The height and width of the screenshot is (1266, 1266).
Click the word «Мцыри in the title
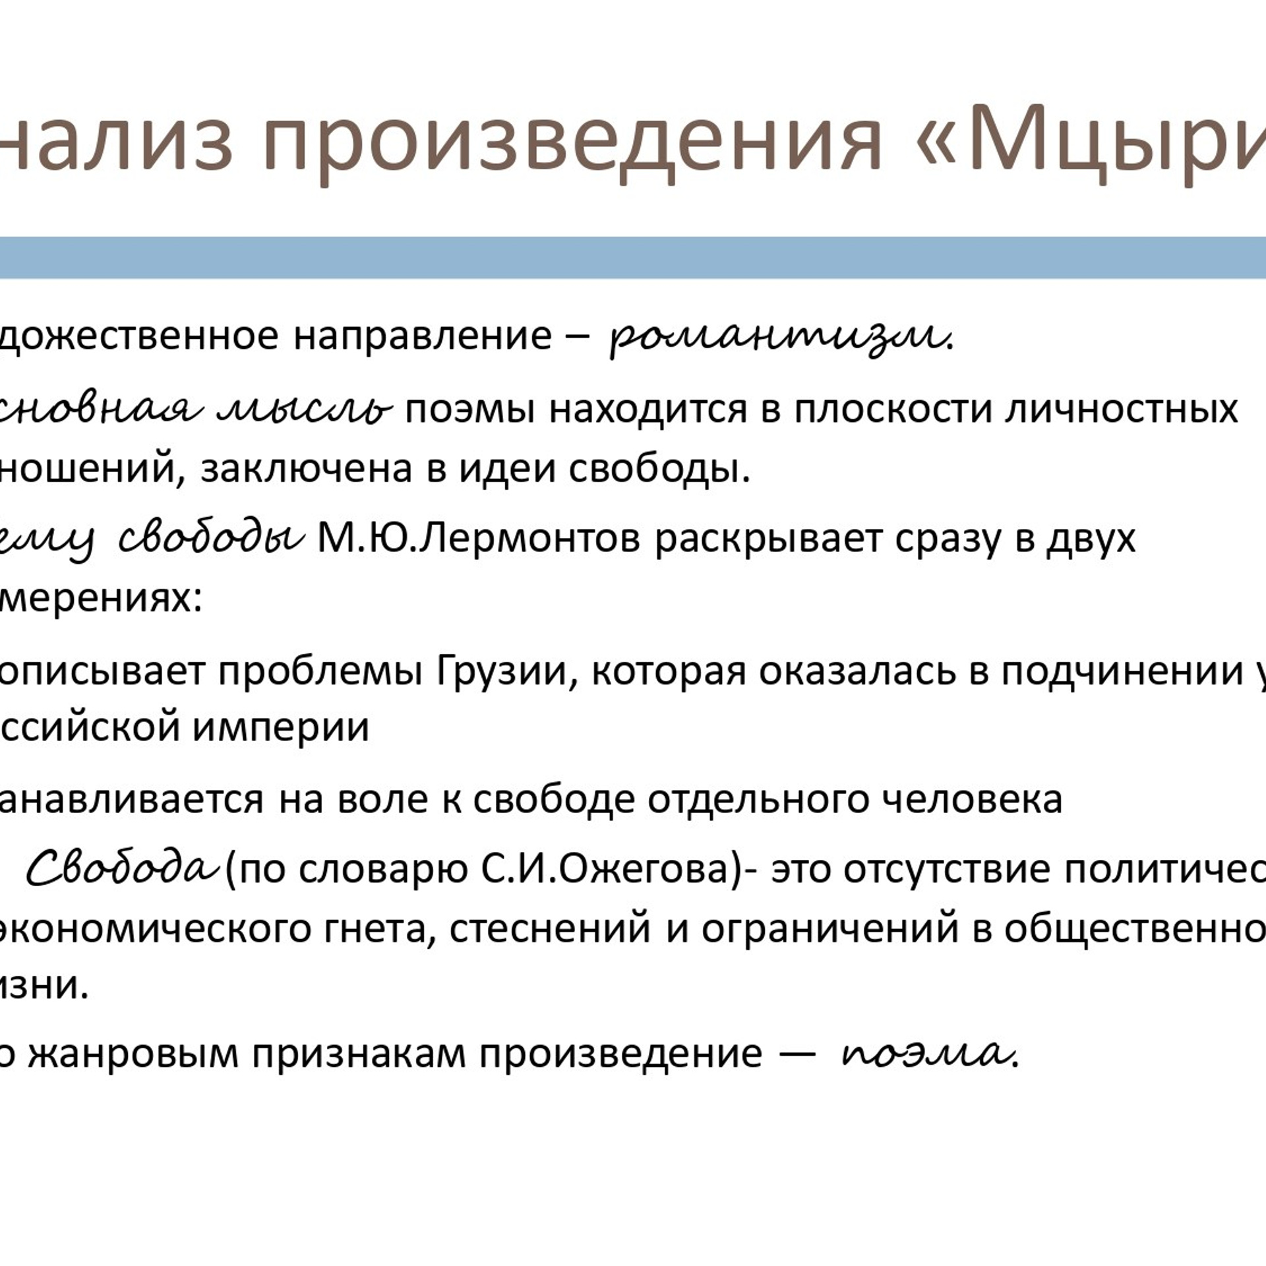[1095, 138]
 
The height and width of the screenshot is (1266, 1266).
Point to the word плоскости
[893, 409]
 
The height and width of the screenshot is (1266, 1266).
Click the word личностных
[1121, 409]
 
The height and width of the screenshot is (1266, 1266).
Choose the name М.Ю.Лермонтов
[479, 539]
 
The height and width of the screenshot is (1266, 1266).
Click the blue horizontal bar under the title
[633, 257]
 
